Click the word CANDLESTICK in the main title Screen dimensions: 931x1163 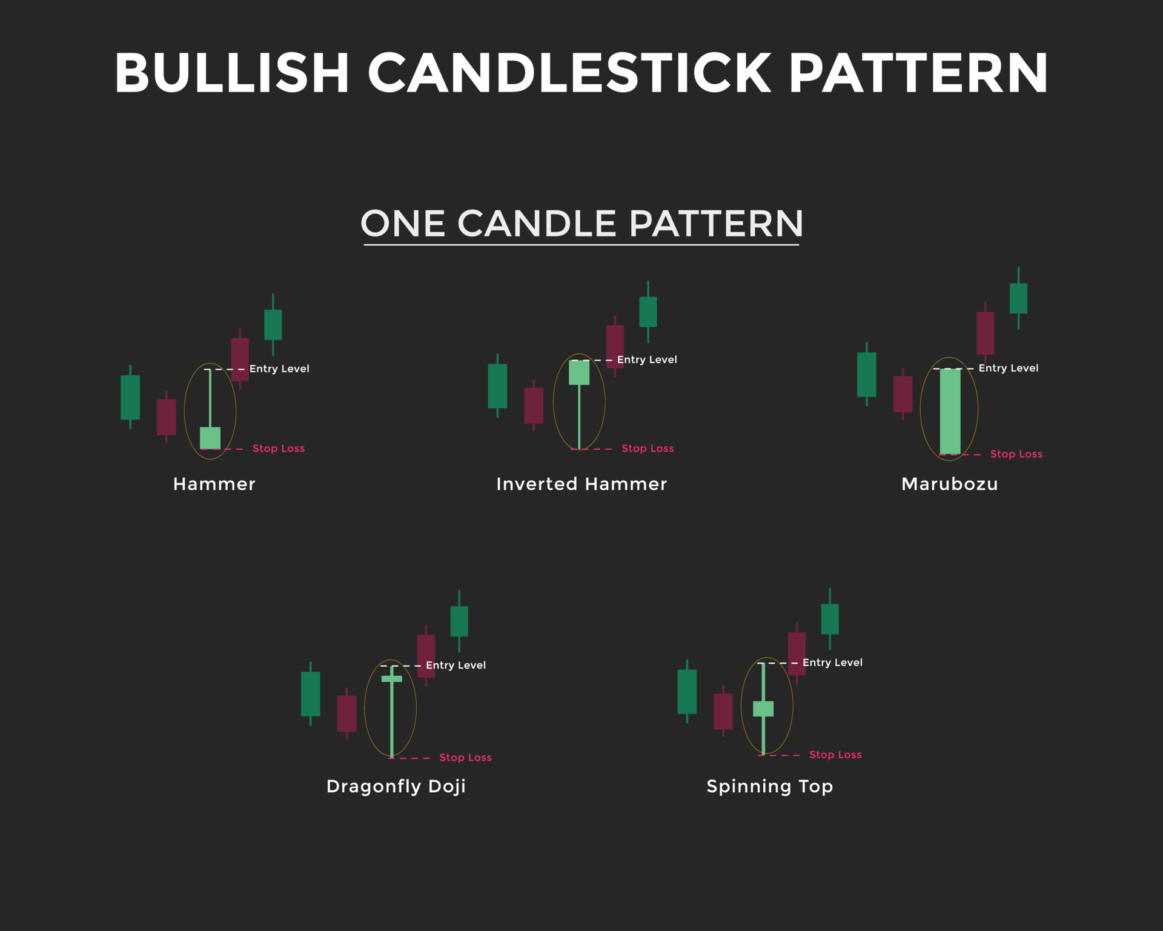click(569, 73)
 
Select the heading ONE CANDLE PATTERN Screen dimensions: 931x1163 click(581, 223)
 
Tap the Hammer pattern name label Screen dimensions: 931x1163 click(214, 484)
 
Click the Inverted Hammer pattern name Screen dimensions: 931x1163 click(581, 484)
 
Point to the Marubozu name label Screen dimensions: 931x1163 click(949, 484)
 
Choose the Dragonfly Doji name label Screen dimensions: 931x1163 click(396, 786)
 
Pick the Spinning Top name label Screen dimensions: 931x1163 click(770, 786)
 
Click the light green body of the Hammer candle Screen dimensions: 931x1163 click(210, 438)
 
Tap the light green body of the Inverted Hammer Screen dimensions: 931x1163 click(579, 372)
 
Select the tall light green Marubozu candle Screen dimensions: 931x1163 click(950, 411)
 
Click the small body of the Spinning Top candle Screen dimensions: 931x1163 click(763, 709)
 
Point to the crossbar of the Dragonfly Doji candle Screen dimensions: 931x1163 click(392, 679)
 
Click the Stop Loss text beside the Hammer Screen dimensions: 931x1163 click(279, 449)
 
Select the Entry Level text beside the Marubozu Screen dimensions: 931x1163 click(1008, 368)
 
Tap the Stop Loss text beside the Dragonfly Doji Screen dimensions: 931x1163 click(465, 758)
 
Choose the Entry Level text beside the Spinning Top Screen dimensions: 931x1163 click(832, 662)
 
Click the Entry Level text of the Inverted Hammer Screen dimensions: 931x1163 click(647, 359)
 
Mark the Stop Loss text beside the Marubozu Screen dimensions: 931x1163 click(1016, 454)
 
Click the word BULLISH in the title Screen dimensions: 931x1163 click(232, 73)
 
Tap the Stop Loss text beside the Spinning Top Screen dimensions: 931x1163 click(835, 755)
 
